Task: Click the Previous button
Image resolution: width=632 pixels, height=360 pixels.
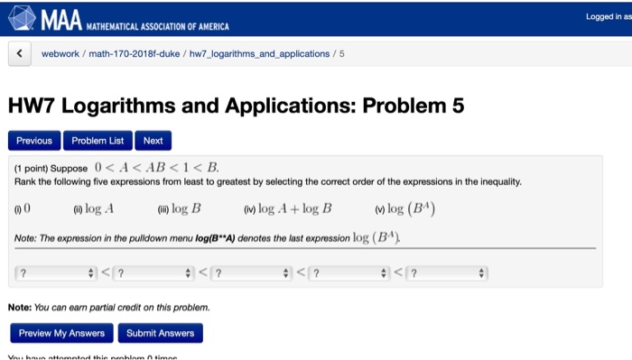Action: (34, 141)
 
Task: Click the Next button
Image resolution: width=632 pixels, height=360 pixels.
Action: (153, 141)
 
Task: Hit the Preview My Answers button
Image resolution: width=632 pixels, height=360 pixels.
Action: (61, 333)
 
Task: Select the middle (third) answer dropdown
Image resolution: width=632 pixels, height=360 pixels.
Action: (251, 272)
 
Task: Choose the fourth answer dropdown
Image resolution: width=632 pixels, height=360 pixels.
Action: (349, 272)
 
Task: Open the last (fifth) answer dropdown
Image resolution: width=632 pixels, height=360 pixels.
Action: (446, 272)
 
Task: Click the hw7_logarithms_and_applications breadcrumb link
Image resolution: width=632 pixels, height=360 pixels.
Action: (259, 54)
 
